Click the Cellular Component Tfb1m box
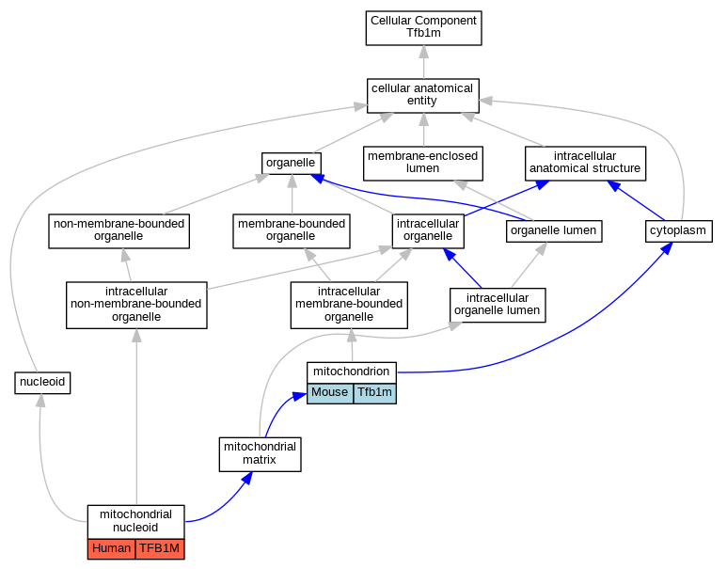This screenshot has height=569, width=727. (x=424, y=28)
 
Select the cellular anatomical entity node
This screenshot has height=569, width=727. (x=423, y=96)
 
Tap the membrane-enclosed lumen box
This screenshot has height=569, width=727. (x=423, y=164)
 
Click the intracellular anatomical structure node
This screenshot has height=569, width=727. (x=585, y=164)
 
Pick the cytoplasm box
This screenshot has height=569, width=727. (x=678, y=231)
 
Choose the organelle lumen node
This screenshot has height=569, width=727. (x=554, y=231)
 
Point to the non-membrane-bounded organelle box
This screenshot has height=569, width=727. (x=119, y=231)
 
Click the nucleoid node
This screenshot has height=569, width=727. (x=42, y=383)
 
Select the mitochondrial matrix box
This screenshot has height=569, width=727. (x=261, y=454)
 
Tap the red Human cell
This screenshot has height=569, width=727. (x=111, y=549)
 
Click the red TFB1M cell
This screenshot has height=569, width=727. (x=160, y=549)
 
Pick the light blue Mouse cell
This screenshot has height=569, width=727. (x=330, y=393)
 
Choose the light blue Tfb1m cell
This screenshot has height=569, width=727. (x=374, y=393)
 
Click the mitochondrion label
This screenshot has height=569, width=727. (x=352, y=371)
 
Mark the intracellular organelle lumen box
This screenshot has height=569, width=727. (x=498, y=305)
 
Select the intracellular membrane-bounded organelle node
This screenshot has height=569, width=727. (x=349, y=305)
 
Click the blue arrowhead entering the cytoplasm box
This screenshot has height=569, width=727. (x=667, y=248)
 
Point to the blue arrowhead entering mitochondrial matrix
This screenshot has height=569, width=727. (x=247, y=478)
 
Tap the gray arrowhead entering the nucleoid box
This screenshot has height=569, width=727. (x=40, y=401)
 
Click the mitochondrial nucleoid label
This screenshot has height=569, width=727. (x=135, y=521)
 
